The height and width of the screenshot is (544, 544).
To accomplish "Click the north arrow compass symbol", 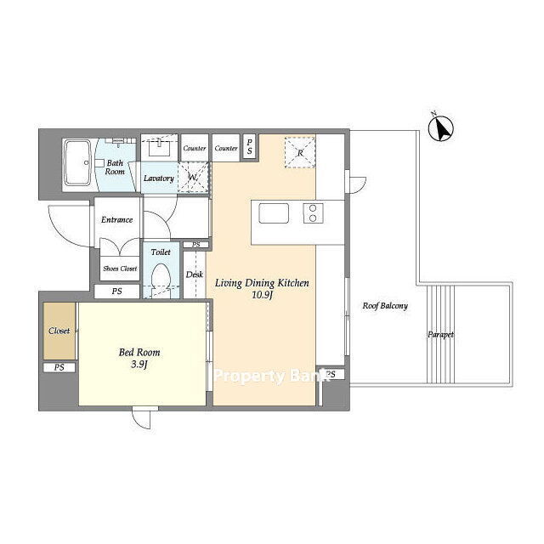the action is coord(440,128).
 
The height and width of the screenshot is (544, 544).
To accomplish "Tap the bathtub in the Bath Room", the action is coord(78,162).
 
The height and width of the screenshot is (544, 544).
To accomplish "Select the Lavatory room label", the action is coord(159,178).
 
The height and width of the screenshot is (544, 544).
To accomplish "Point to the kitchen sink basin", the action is coord(274,213).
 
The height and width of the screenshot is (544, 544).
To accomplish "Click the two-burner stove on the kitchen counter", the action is coord(314,213).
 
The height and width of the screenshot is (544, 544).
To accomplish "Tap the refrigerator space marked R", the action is coord(300,153).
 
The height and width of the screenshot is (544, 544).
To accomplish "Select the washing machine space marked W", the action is coord(193,178).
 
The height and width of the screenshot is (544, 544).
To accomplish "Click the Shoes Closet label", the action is coord(120,269).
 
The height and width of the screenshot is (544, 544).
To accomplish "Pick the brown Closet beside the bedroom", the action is coord(59,331).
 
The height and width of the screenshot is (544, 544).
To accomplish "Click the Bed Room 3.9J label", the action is coord(139,358).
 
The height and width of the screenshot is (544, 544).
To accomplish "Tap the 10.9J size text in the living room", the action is coord(263,295).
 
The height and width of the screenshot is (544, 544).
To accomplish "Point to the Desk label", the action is coord(195,275).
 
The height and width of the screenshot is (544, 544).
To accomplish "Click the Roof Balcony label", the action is coord(385,306).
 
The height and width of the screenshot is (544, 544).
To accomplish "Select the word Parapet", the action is coord(440,335).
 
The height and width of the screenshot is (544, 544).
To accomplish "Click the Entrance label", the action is coord(117,219).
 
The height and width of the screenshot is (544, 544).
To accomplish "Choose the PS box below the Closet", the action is coord(59,367).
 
